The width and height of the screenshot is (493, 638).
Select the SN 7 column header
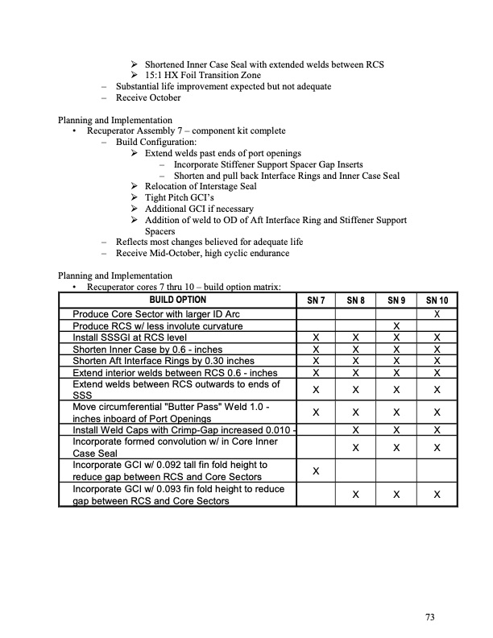(317, 300)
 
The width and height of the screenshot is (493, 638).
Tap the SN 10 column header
(436, 300)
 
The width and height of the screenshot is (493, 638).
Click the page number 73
(430, 617)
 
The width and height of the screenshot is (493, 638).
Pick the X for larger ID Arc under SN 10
(436, 313)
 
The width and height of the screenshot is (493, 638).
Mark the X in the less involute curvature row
(396, 325)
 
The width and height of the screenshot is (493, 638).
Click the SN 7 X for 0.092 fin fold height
(317, 470)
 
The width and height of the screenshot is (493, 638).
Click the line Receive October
(148, 97)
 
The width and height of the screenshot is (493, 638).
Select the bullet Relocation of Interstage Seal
(201, 187)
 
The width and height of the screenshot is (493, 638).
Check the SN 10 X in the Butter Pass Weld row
(436, 412)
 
